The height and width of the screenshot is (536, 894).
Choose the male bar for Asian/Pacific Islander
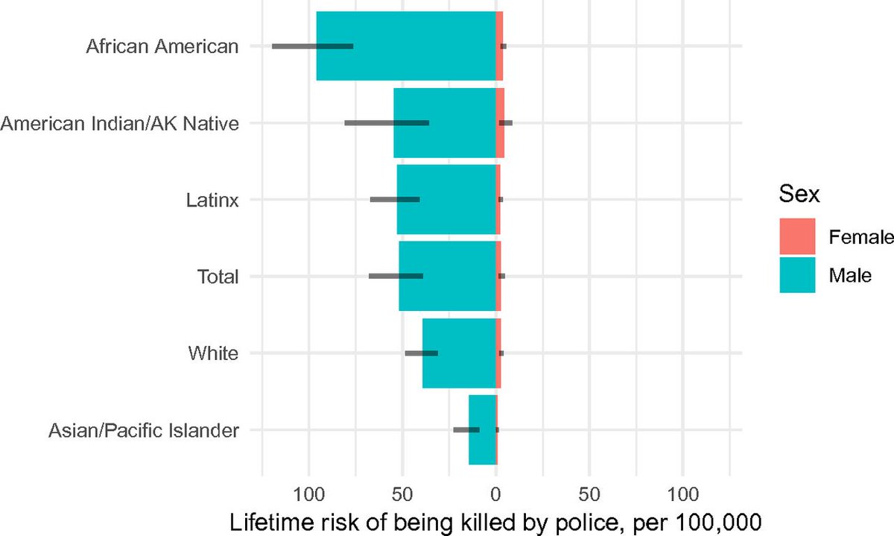coord(481,429)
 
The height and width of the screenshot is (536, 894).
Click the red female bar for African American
coord(500,46)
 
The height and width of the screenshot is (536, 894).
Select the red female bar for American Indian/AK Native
coord(501,123)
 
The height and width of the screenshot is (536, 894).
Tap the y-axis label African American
coord(162,46)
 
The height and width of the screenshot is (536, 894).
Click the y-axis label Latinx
coord(212,200)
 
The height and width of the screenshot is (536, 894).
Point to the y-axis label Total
coord(218,277)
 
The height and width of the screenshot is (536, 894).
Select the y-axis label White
coord(214,353)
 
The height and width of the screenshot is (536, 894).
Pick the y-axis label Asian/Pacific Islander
coord(144,430)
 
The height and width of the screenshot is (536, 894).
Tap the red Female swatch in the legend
coord(798,236)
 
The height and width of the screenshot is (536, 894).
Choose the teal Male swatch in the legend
coord(798,275)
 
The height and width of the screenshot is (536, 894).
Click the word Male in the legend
coord(850,275)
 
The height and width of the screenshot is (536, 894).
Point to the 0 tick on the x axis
coord(496,493)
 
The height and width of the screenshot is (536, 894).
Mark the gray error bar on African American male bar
coord(312,46)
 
